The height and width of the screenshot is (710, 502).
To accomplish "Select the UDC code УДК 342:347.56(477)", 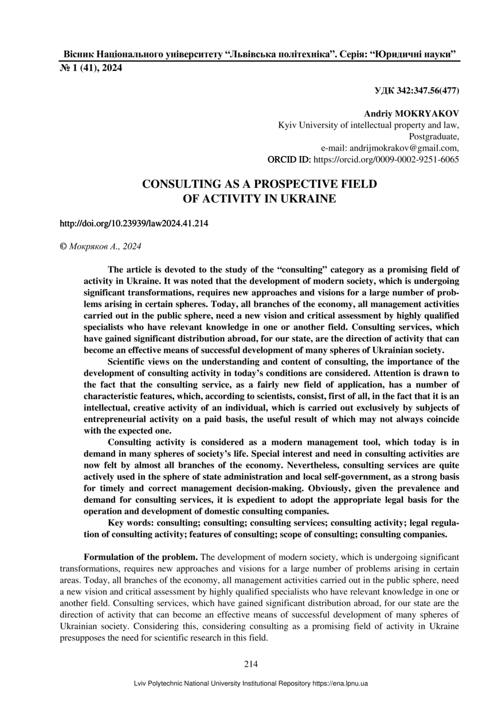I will (416, 90).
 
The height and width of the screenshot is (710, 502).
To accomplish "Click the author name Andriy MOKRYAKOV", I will (411, 114).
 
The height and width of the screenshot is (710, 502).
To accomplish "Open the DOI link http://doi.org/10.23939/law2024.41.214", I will (134, 223).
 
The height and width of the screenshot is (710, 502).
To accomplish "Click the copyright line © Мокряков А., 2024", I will (101, 246).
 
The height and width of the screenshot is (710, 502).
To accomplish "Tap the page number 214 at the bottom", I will (251, 664).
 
